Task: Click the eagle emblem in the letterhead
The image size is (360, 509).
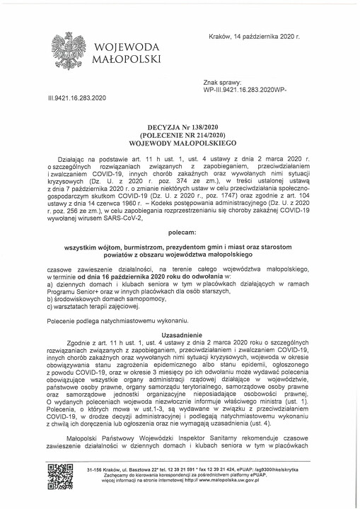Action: [x=70, y=52]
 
